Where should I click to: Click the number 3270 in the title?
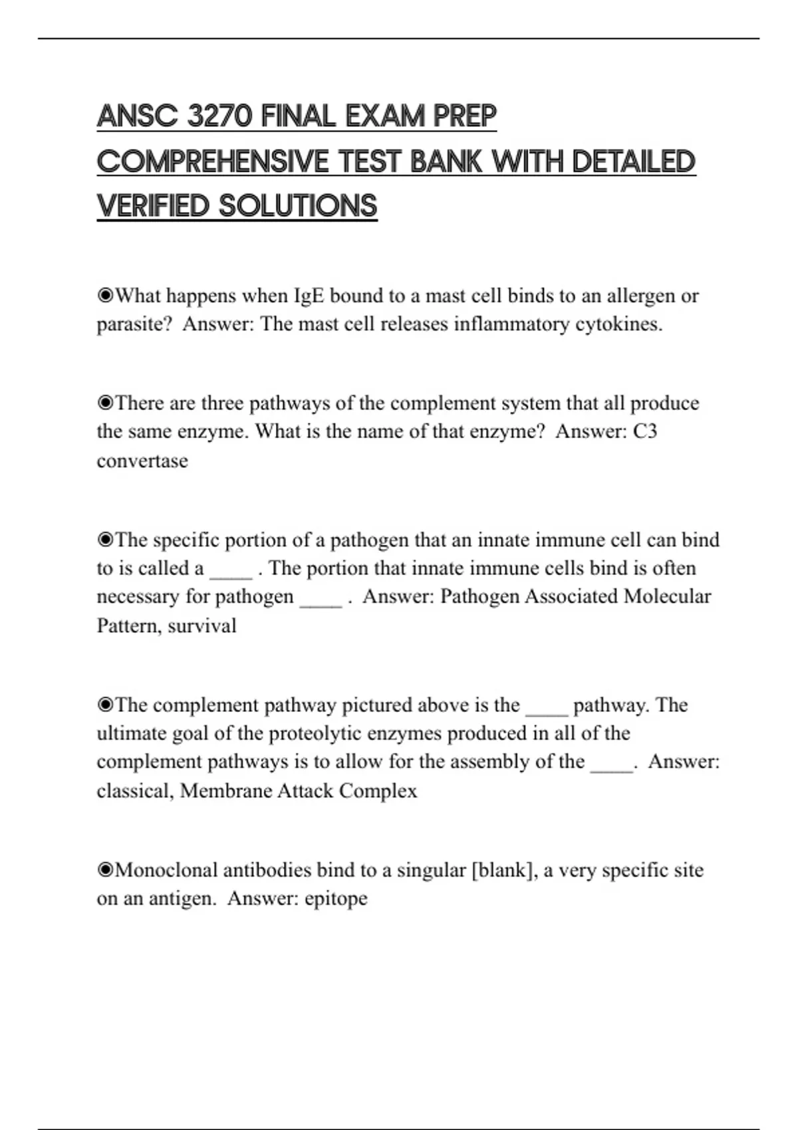pos(220,117)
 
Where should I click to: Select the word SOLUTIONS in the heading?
pos(298,206)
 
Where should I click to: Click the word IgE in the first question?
pos(309,296)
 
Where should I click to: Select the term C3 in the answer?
pos(644,431)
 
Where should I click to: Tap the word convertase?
pos(142,461)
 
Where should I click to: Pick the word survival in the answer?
pos(202,625)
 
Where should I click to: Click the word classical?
pos(135,790)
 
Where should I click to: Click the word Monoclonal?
pos(166,870)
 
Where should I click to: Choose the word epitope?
pos(336,899)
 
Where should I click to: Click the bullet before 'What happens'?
pos(105,296)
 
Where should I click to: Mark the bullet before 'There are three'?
pos(105,403)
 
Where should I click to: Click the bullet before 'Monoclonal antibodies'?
pos(105,870)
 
